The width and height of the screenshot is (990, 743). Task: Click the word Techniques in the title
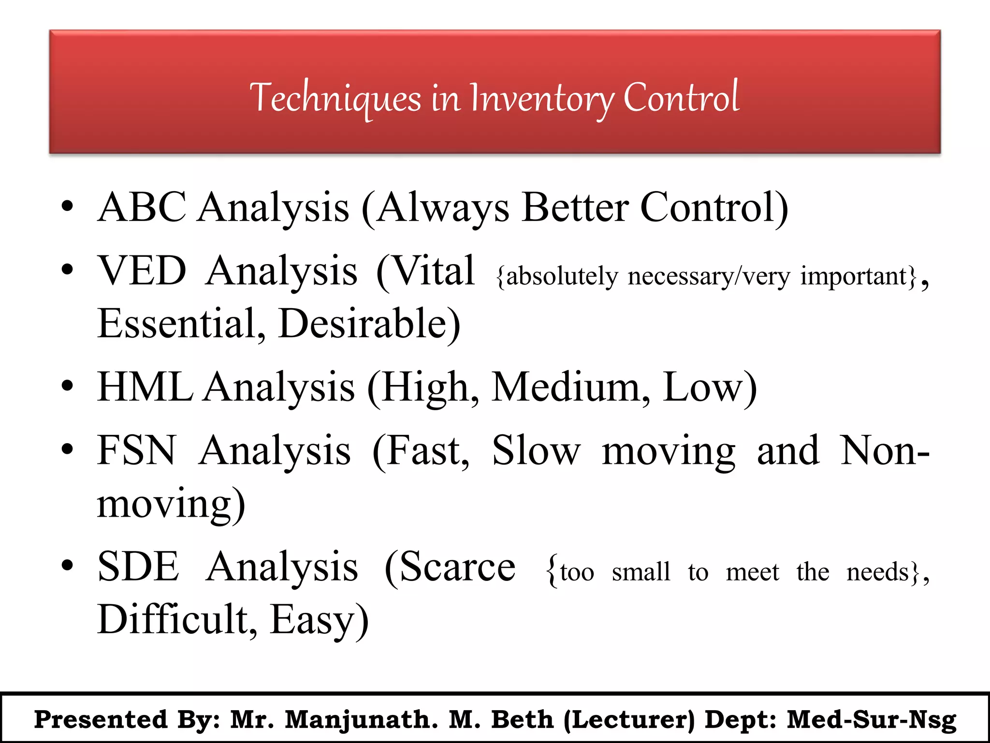335,98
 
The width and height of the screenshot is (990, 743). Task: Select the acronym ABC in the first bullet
142,207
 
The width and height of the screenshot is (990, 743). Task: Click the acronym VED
142,271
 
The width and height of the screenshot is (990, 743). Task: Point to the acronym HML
145,387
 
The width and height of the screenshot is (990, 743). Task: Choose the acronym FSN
137,451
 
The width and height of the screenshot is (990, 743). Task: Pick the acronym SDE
138,567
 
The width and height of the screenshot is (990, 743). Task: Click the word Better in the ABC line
575,207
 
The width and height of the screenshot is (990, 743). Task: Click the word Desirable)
369,324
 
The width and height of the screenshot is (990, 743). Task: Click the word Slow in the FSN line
536,451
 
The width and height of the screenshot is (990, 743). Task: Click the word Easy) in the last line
319,620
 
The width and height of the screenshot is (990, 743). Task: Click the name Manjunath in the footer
361,720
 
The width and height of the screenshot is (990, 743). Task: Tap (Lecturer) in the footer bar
629,720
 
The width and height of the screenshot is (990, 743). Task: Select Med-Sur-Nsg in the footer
872,720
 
